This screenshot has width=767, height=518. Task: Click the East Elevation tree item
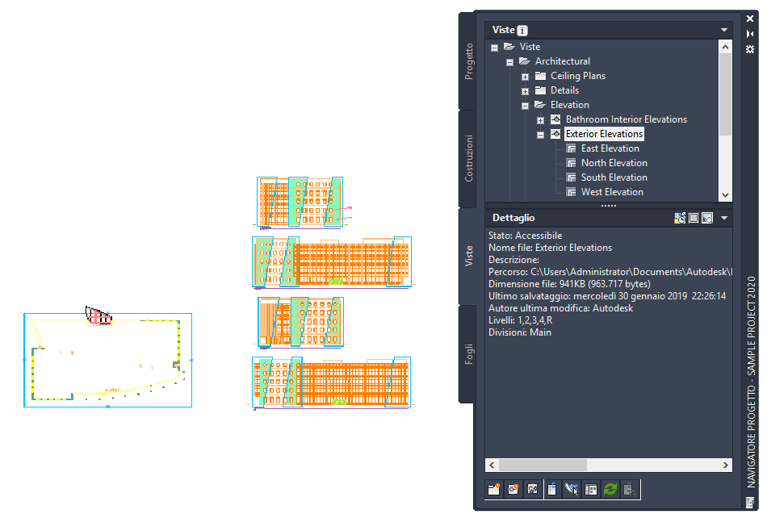(610, 148)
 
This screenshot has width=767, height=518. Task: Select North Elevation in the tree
(614, 163)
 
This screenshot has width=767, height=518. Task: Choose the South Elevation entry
(614, 178)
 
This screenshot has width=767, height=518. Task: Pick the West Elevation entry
(612, 192)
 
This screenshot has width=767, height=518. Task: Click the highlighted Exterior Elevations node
(604, 134)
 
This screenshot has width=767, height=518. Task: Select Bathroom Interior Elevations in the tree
(626, 119)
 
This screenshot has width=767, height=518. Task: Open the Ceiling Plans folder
(577, 76)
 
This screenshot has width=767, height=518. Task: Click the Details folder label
(564, 90)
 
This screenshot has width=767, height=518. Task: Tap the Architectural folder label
(562, 61)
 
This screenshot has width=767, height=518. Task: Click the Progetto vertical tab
(469, 61)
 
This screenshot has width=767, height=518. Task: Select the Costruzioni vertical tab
(469, 158)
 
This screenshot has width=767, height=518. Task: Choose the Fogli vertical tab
(469, 354)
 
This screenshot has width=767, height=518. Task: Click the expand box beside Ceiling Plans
(525, 77)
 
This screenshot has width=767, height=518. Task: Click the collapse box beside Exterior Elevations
(540, 135)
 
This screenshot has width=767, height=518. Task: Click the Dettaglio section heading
(513, 218)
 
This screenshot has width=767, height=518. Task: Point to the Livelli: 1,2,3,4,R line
(520, 320)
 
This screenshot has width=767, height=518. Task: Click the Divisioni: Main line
(520, 332)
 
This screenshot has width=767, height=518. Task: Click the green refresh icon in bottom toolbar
(610, 489)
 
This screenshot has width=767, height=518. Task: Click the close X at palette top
(750, 19)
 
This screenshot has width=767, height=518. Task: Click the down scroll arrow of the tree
(724, 195)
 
